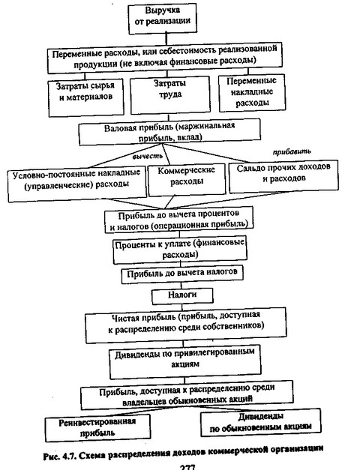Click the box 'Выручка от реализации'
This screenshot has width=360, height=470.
(x=162, y=18)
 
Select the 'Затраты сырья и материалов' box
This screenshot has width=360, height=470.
(x=85, y=97)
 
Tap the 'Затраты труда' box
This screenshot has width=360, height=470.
(x=169, y=94)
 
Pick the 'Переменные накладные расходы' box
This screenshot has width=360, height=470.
(x=251, y=93)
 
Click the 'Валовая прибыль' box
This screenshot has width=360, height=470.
(x=169, y=132)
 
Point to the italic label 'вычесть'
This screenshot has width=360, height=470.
(x=148, y=156)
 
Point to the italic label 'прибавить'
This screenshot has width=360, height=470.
(x=292, y=151)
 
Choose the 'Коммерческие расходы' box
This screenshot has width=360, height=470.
(x=187, y=179)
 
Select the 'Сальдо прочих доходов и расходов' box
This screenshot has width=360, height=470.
(x=283, y=176)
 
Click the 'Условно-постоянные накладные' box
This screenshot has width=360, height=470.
(x=77, y=184)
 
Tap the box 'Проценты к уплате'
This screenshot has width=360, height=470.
(x=180, y=250)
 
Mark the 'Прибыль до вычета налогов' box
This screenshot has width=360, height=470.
(x=182, y=275)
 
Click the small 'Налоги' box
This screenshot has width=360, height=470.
(x=182, y=295)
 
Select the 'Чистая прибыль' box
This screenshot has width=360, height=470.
(x=186, y=325)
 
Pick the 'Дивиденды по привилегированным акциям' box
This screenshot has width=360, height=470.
(x=184, y=361)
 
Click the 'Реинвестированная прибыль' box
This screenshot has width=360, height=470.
(x=97, y=428)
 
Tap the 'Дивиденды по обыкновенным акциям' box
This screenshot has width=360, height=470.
(x=260, y=422)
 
